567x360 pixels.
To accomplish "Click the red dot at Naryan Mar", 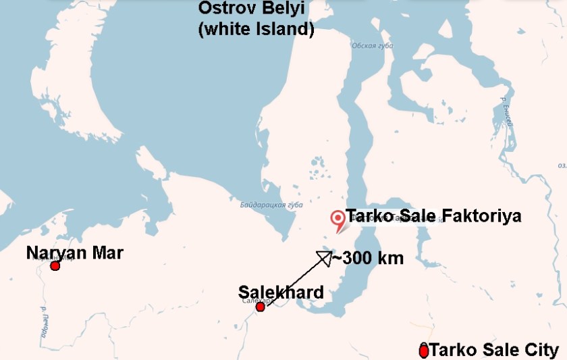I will (55, 266).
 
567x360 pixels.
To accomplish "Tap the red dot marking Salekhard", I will (261, 307).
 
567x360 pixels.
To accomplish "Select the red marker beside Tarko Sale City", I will (424, 351).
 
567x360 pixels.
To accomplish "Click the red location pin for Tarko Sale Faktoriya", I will (337, 219).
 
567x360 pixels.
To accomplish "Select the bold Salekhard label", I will (281, 292).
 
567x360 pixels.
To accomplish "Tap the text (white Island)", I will (256, 30).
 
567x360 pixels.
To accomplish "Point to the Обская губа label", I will (371, 45).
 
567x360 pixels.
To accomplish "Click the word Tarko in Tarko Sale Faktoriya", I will (367, 217).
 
